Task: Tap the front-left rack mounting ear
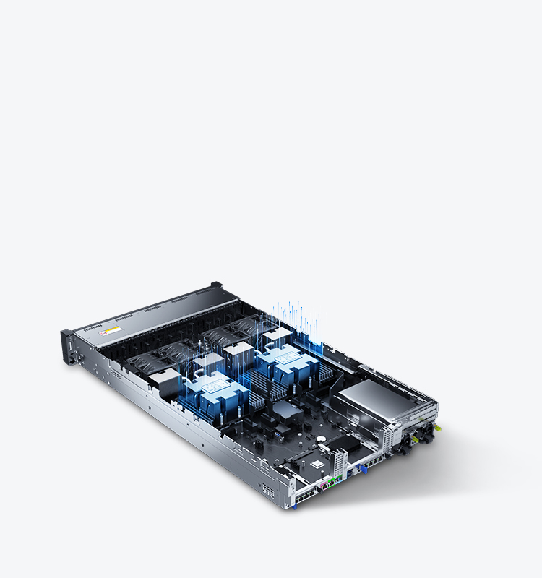click(x=68, y=345)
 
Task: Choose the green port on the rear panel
click(x=332, y=480)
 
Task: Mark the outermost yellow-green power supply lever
click(x=439, y=428)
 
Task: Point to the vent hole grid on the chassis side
click(x=268, y=491)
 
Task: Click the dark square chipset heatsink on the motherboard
click(x=287, y=410)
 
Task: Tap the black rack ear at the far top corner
click(x=215, y=285)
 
